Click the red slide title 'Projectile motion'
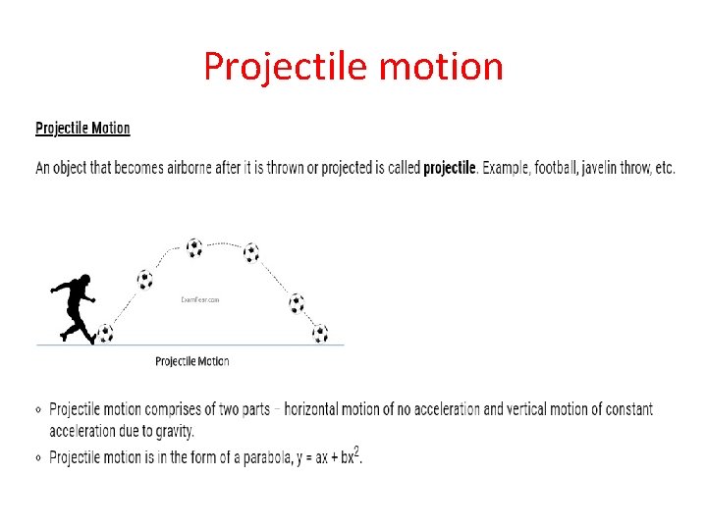click(x=353, y=67)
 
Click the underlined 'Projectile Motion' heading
click(x=82, y=129)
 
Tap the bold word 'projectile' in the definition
click(x=449, y=168)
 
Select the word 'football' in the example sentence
click(x=552, y=168)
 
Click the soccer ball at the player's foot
click(x=105, y=334)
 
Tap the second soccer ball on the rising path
click(x=145, y=280)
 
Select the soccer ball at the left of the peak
click(x=194, y=246)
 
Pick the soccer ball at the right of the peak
click(x=251, y=252)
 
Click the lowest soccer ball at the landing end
click(x=320, y=334)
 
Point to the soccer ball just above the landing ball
click(x=297, y=303)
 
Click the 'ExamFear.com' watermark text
click(x=199, y=300)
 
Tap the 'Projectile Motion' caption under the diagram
click(x=192, y=361)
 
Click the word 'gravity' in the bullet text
click(x=173, y=431)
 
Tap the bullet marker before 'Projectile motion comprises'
click(x=38, y=410)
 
